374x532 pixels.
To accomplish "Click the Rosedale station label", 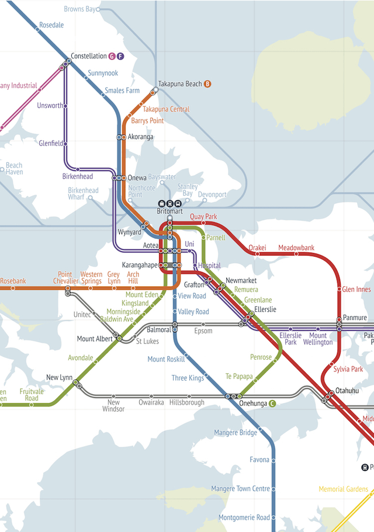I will click(x=51, y=26).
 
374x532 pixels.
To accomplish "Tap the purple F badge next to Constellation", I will click(x=120, y=56).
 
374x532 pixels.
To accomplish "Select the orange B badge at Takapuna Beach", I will click(x=207, y=84).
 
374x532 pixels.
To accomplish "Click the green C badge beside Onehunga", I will click(x=272, y=403).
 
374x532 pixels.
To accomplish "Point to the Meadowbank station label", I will click(x=296, y=248).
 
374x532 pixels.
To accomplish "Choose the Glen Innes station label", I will click(x=356, y=290).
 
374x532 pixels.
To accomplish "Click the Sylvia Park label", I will click(x=348, y=369).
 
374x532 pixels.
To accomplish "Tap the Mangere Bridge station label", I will click(x=235, y=433).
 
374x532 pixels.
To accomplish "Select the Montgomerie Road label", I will click(x=244, y=517).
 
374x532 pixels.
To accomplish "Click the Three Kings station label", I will click(x=188, y=378).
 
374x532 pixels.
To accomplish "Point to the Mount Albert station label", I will click(x=94, y=339).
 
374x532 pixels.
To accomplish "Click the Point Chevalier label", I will click(x=65, y=278).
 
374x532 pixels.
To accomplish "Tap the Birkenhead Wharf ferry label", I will click(x=83, y=194).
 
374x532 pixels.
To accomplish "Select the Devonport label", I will click(x=212, y=194).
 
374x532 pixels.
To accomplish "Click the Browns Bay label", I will click(x=79, y=9).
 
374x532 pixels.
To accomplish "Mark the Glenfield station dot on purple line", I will click(x=65, y=143).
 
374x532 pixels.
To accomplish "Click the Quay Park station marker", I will click(x=203, y=223).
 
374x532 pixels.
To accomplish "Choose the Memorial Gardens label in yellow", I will click(x=344, y=489).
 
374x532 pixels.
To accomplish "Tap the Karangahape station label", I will click(x=140, y=265).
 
